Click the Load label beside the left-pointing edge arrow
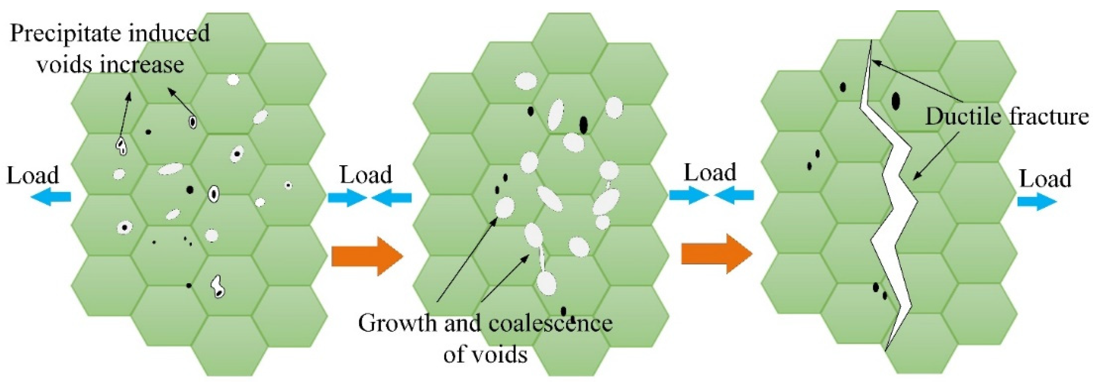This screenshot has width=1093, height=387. point(33,175)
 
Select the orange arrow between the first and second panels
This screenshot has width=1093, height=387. point(366,256)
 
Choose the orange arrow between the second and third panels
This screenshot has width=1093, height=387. point(717,254)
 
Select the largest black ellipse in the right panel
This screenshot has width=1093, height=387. point(896,101)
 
